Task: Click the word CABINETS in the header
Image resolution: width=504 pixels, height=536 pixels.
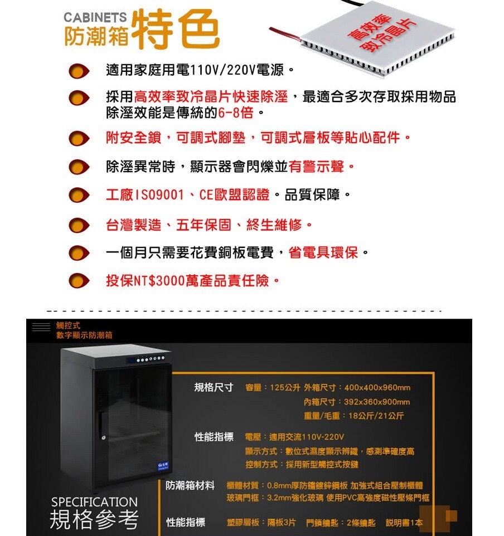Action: tap(95, 17)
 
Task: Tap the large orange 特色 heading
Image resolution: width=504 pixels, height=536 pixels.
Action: tap(175, 30)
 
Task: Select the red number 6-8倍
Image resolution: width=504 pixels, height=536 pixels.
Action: tap(235, 112)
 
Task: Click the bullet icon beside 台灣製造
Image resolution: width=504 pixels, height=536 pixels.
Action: tap(79, 226)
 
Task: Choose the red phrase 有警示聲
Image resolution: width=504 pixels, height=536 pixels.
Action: tap(316, 167)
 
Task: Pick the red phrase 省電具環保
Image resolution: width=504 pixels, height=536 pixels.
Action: tap(323, 252)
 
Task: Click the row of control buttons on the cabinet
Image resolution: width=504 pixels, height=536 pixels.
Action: tap(150, 359)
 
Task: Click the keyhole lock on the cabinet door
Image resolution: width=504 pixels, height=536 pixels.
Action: tap(103, 437)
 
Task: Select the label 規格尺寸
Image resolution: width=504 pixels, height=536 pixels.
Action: tap(214, 387)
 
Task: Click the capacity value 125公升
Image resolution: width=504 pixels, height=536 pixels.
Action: tap(285, 388)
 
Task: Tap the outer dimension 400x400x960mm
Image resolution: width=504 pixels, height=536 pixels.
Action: tap(377, 388)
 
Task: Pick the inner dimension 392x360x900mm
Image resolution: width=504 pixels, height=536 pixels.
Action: tap(377, 402)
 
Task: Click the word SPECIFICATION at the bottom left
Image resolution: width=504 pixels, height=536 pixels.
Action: tap(94, 502)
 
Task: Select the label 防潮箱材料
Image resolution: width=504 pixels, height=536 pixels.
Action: tap(190, 485)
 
